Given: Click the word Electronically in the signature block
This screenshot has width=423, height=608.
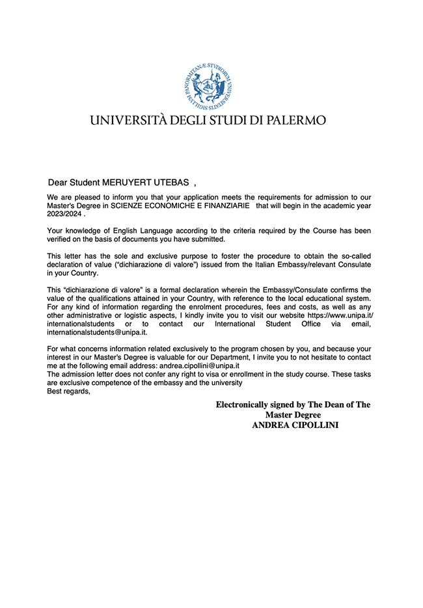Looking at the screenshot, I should (244, 404).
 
